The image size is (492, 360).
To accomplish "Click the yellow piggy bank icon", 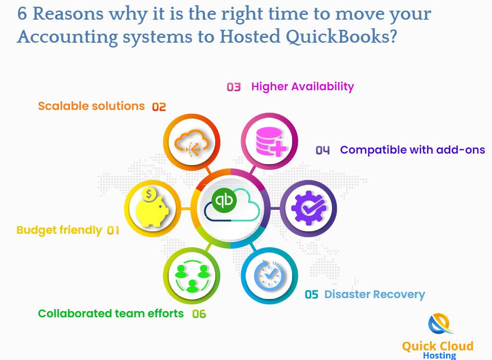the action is pos(152,207).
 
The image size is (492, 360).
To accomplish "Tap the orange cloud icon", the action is pos(192,143).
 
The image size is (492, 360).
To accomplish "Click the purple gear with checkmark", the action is pos(308,208).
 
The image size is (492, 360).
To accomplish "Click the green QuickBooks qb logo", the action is pos(224,200).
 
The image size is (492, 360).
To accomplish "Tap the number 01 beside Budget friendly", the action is pos(113,231).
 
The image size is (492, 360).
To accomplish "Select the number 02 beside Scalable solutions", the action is pos(159,107).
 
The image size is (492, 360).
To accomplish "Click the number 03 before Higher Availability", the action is pos(234,87).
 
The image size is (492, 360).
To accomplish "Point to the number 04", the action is pos(322,150).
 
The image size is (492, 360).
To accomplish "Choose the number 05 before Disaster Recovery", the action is pos(311,294).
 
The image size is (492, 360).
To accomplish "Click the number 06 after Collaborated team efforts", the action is pos(199,314).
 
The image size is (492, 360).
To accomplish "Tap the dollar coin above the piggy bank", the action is pos(149,194).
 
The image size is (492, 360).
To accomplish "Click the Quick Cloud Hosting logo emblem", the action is pos(440,324).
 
